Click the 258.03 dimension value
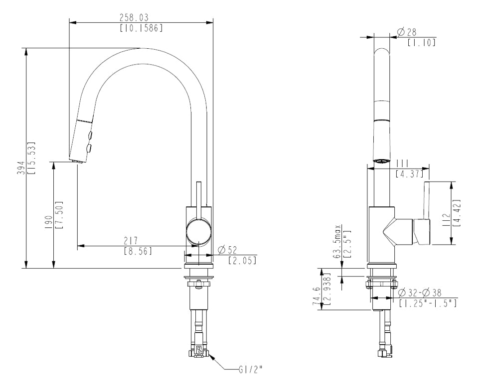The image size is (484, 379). point(134,18)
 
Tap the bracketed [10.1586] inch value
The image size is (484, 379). point(141,28)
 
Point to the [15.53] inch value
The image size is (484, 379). point(31,158)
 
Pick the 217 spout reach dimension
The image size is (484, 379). point(131,241)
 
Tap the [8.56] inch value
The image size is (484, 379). point(138,252)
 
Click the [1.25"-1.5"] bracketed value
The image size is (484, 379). point(428,303)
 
